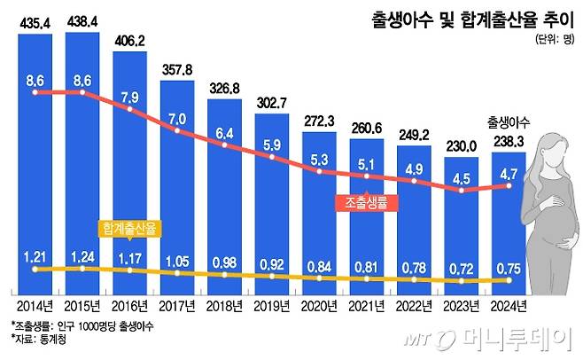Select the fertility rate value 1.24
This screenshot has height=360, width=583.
click(83, 258)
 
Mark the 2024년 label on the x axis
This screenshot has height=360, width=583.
click(509, 306)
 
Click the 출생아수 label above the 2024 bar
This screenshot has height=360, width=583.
click(509, 122)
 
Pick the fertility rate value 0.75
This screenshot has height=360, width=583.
click(509, 267)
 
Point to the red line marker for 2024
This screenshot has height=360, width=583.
click(509, 185)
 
